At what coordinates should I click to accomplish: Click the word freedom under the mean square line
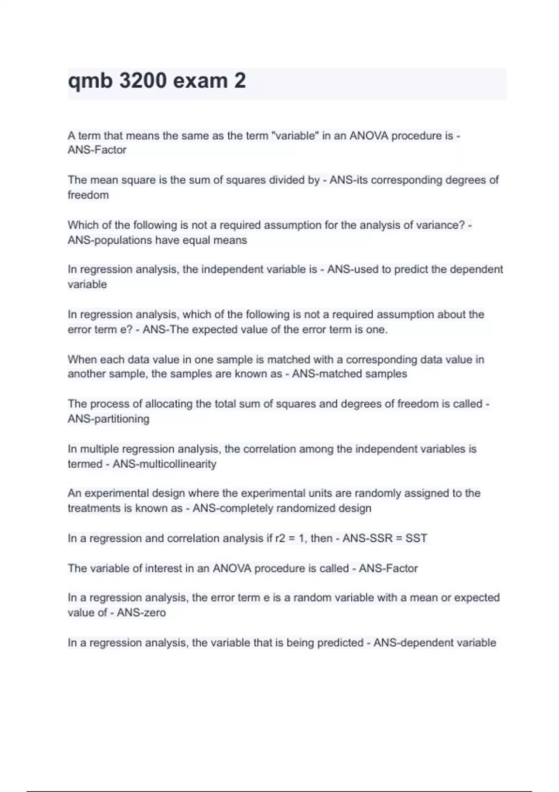(88, 195)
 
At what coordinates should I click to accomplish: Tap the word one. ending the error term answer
(377, 329)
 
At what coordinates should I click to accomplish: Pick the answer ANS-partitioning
(109, 419)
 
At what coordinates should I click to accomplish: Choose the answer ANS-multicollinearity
(164, 464)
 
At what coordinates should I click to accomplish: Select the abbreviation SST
(416, 538)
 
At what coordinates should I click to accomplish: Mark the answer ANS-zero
(141, 612)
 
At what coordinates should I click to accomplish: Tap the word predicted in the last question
(340, 643)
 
